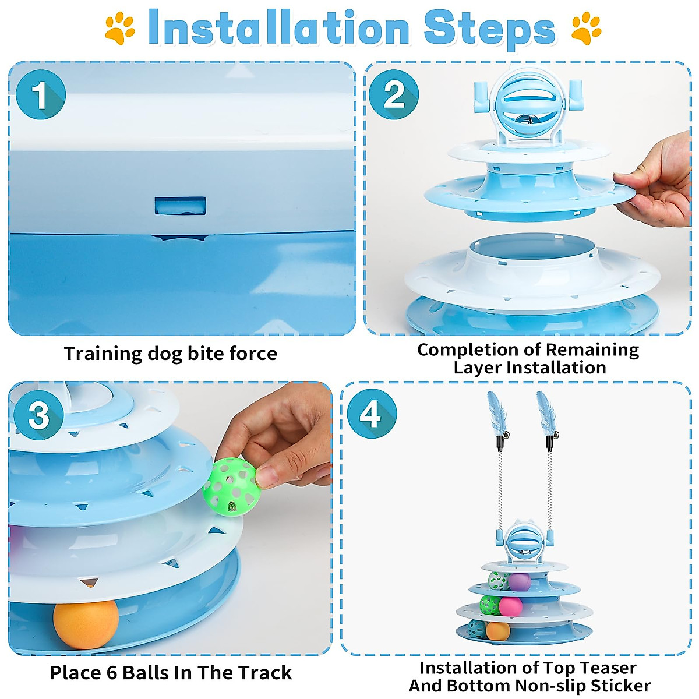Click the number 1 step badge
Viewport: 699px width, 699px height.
coord(41,94)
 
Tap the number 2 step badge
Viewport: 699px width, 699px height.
coord(394,94)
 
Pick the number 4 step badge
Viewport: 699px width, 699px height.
coord(372,414)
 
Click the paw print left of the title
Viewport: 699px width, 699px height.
coord(120,28)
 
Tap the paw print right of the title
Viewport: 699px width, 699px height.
coord(586,28)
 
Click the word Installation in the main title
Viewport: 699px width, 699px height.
coord(278,28)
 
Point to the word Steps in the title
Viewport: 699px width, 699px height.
coord(490,30)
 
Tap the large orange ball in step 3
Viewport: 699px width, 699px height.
coord(86,624)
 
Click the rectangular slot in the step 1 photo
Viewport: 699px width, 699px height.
coord(180,206)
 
